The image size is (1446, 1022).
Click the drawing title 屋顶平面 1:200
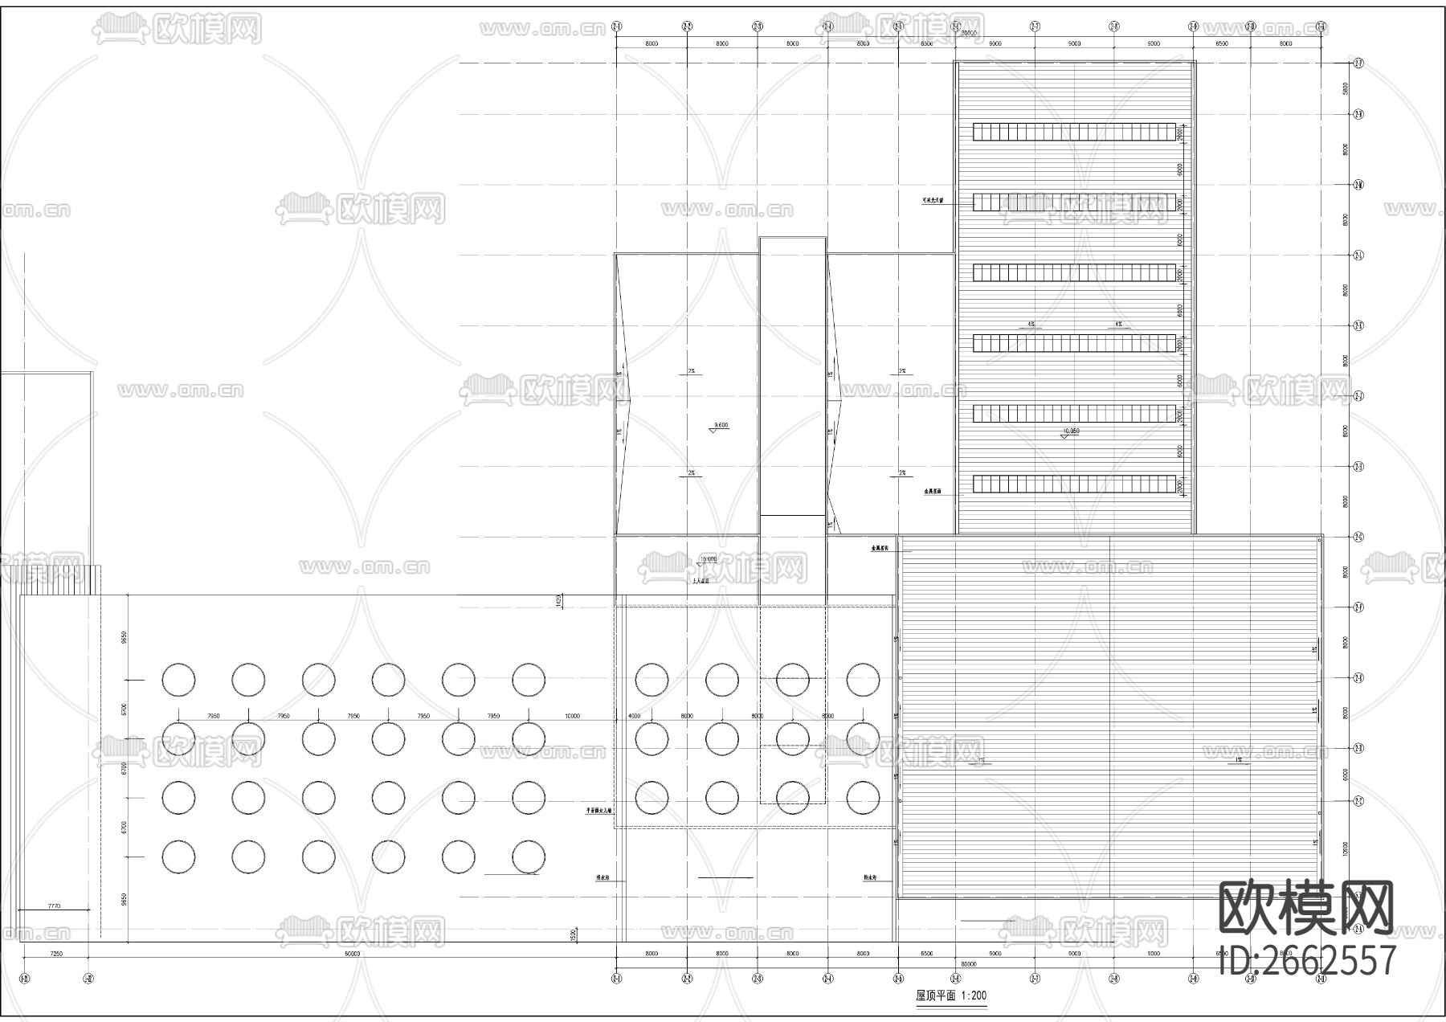click(x=951, y=995)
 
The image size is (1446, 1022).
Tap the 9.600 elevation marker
click(x=719, y=426)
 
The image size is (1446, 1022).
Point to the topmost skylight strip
click(x=1074, y=131)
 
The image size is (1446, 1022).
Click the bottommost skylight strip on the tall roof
click(x=1074, y=484)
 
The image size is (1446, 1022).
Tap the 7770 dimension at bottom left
click(x=54, y=906)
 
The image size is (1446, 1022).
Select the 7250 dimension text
click(x=55, y=954)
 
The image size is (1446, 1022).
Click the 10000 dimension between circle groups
click(x=572, y=716)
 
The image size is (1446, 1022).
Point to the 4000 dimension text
click(x=634, y=716)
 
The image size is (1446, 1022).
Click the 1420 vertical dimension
click(x=558, y=601)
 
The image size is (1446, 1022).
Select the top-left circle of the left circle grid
click(x=178, y=680)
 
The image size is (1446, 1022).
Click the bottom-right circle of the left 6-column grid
click(x=528, y=856)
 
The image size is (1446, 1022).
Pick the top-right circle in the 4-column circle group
click(x=863, y=680)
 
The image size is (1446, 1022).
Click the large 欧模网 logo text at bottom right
click(x=1306, y=908)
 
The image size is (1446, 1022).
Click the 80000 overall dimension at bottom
click(x=969, y=963)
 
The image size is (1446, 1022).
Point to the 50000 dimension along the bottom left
click(x=352, y=954)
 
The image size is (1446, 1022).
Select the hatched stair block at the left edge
click(x=59, y=579)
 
